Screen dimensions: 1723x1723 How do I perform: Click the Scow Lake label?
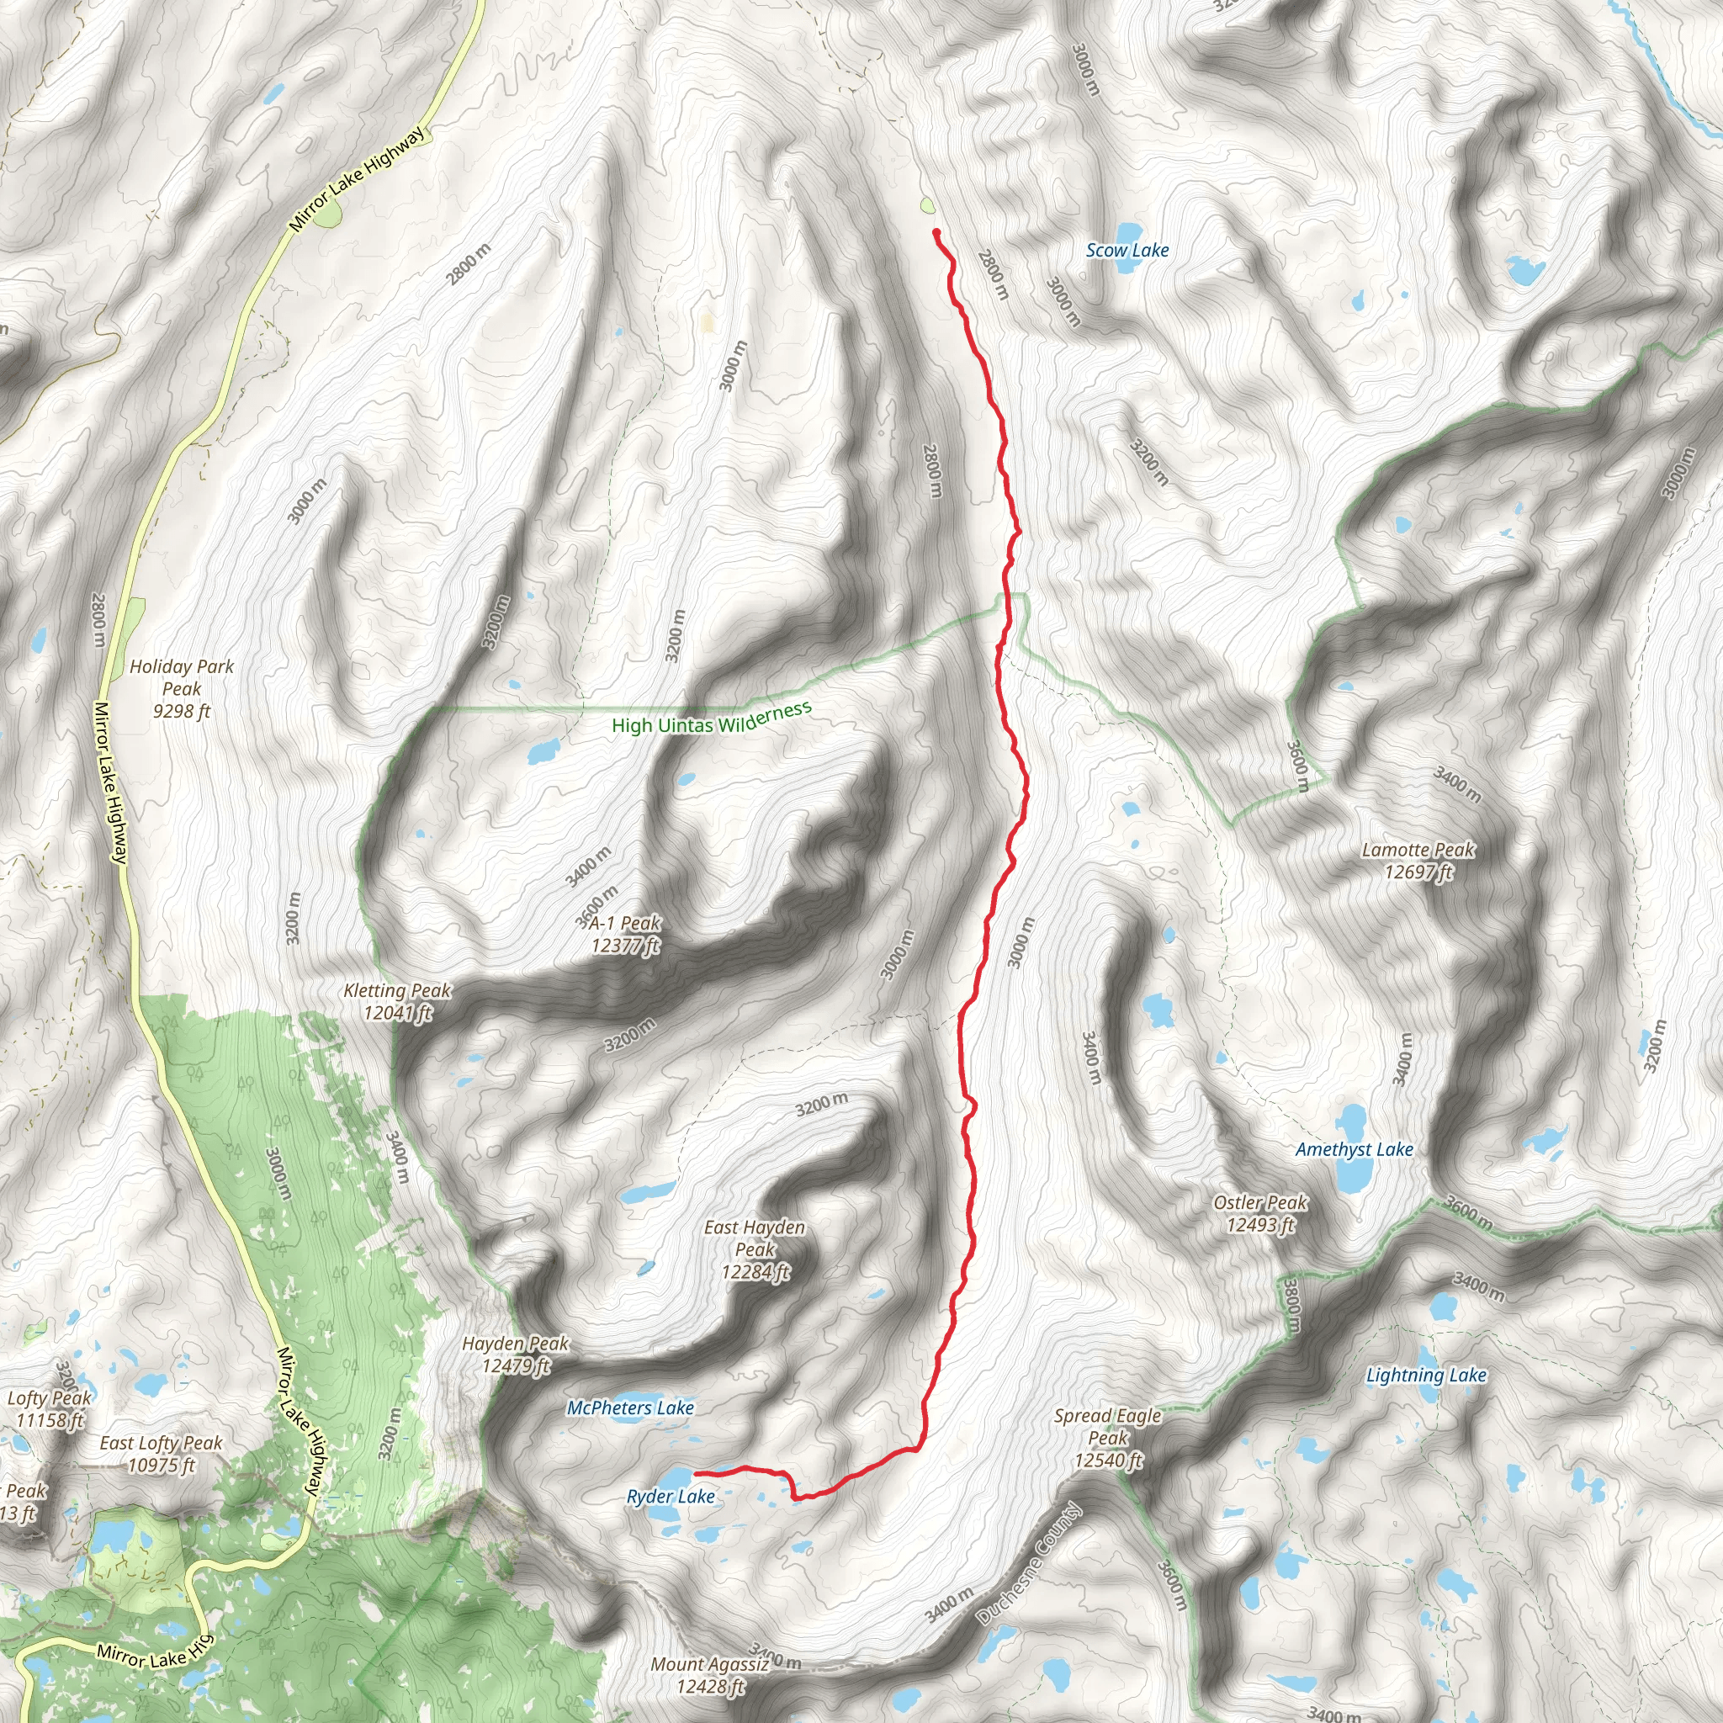1127,251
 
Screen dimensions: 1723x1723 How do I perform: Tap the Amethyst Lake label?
1354,1149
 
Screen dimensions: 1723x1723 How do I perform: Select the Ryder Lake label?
671,1497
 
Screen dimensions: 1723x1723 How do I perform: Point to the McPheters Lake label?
630,1408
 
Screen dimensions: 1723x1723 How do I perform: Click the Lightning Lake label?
1426,1376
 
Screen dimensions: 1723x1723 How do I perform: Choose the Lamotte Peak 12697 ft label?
1418,861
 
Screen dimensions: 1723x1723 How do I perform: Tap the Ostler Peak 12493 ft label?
1260,1214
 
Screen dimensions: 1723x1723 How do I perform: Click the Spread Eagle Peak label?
1108,1438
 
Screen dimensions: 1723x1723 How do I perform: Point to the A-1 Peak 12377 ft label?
625,934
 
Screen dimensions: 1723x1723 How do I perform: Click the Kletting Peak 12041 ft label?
398,1001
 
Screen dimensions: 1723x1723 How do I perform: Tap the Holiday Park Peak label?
182,688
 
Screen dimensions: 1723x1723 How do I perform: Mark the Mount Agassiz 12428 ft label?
710,1675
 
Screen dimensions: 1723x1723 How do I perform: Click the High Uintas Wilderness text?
712,718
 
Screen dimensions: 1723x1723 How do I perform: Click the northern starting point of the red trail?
936,233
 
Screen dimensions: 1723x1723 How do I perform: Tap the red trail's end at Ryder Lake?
696,1473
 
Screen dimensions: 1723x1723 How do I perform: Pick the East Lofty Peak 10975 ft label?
162,1454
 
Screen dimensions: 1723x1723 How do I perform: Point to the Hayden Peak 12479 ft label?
516,1354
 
